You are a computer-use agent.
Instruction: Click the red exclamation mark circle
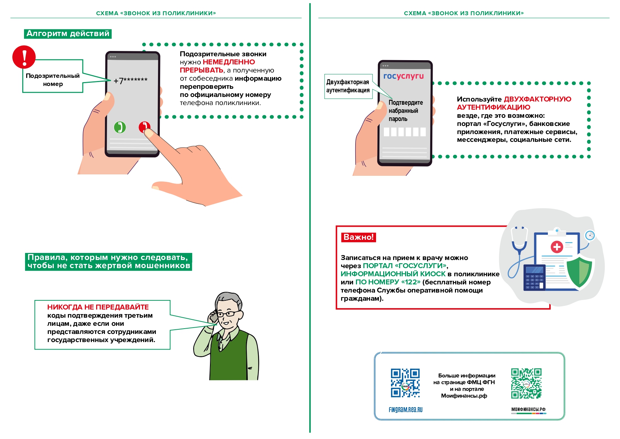click(24, 57)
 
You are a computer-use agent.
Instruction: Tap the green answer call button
click(120, 127)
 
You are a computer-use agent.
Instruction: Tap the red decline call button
click(144, 127)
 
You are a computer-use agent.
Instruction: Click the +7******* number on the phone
click(130, 81)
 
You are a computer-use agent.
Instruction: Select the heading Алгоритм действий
click(68, 34)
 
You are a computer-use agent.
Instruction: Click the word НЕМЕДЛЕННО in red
click(229, 62)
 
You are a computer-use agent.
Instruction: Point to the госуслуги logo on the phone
click(403, 76)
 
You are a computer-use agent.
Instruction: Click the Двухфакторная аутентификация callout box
click(347, 86)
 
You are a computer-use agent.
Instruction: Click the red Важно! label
click(358, 237)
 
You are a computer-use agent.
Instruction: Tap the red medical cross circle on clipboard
click(557, 247)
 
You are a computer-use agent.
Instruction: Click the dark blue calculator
click(534, 278)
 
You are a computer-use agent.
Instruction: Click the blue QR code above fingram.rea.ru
click(405, 383)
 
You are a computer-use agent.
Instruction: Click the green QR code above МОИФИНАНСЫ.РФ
click(526, 383)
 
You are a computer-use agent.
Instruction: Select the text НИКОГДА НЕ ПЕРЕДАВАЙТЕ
click(98, 307)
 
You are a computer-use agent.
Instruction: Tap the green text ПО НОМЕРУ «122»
click(388, 282)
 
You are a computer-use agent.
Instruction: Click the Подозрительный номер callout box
click(53, 80)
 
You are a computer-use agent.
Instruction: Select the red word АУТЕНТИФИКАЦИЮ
click(493, 107)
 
